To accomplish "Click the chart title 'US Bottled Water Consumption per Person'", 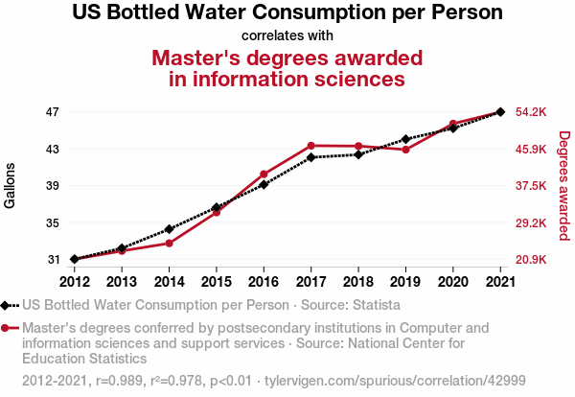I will [x=287, y=14].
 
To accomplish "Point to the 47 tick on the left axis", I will [x=53, y=112].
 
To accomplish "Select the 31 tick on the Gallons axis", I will [x=53, y=260].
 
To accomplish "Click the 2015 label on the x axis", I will [x=216, y=281].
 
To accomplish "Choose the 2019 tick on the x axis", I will [x=405, y=281].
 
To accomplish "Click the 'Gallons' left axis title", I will [x=11, y=186].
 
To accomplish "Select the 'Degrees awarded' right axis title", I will [x=564, y=186].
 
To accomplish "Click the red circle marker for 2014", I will [x=169, y=243].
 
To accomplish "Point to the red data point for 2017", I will [x=310, y=146].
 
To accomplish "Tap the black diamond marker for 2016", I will [x=264, y=184].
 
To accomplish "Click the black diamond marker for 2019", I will [x=405, y=139].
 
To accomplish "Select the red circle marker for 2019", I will [x=405, y=150].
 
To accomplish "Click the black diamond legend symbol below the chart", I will [x=9, y=306].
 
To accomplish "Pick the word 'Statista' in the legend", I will [x=374, y=306].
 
